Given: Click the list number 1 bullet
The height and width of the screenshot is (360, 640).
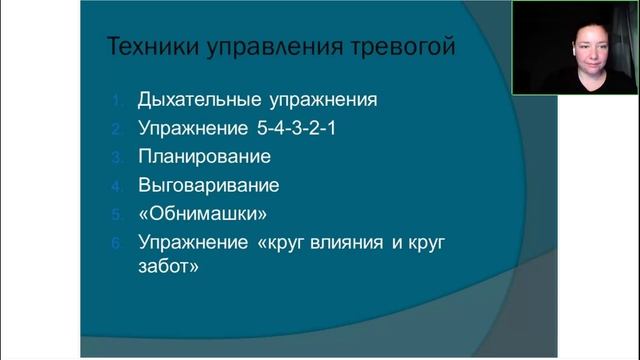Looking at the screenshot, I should pyautogui.click(x=116, y=100).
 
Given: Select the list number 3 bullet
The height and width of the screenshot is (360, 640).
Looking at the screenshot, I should pyautogui.click(x=116, y=157).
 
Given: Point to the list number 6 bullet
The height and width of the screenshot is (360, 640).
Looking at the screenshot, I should pyautogui.click(x=116, y=242).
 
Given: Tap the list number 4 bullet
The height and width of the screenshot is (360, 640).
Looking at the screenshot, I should pyautogui.click(x=116, y=186).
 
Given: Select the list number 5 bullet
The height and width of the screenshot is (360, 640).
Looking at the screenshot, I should pyautogui.click(x=116, y=214).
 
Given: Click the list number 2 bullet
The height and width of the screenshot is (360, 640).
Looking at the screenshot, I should pyautogui.click(x=116, y=129).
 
